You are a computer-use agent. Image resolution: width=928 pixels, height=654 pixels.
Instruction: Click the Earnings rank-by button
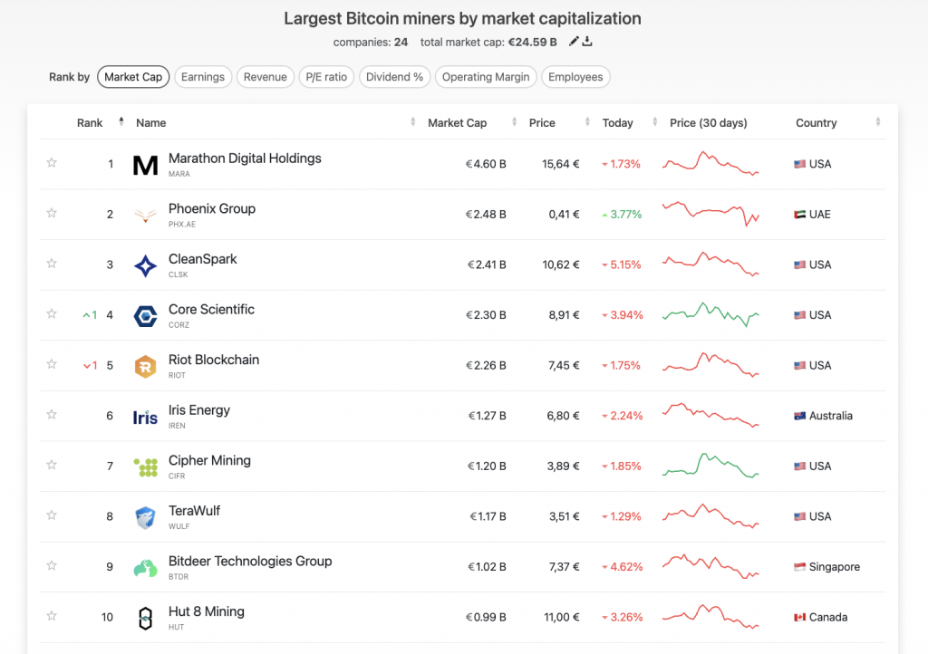[203, 77]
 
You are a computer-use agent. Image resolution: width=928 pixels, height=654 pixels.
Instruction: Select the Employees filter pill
[575, 77]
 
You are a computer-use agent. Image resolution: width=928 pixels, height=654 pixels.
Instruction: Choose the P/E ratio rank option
[324, 77]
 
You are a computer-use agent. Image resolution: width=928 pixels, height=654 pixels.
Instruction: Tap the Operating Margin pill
[486, 77]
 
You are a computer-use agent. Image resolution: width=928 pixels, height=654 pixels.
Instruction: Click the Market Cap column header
[457, 123]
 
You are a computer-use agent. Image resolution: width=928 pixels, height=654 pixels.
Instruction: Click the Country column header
[816, 123]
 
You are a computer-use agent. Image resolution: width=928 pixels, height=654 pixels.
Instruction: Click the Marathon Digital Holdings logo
[145, 164]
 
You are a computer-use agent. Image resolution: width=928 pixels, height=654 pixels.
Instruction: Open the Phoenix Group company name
[212, 208]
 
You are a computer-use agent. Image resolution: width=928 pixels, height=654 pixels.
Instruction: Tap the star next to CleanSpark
[52, 264]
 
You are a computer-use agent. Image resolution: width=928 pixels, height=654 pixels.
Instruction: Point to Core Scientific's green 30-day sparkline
[710, 314]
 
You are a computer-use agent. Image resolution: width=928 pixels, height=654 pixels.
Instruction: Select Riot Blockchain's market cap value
[486, 366]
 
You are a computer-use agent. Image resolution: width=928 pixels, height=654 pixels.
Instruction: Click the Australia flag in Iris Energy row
[799, 416]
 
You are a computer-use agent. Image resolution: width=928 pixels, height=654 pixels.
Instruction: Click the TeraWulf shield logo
[145, 517]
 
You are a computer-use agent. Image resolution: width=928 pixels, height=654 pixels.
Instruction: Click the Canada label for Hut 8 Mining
[828, 618]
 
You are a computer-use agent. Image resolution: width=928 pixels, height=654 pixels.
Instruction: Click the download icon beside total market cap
[587, 42]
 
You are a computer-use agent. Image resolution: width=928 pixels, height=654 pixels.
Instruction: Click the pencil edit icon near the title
[573, 42]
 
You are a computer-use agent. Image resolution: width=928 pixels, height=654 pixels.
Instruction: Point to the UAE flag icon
[799, 215]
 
